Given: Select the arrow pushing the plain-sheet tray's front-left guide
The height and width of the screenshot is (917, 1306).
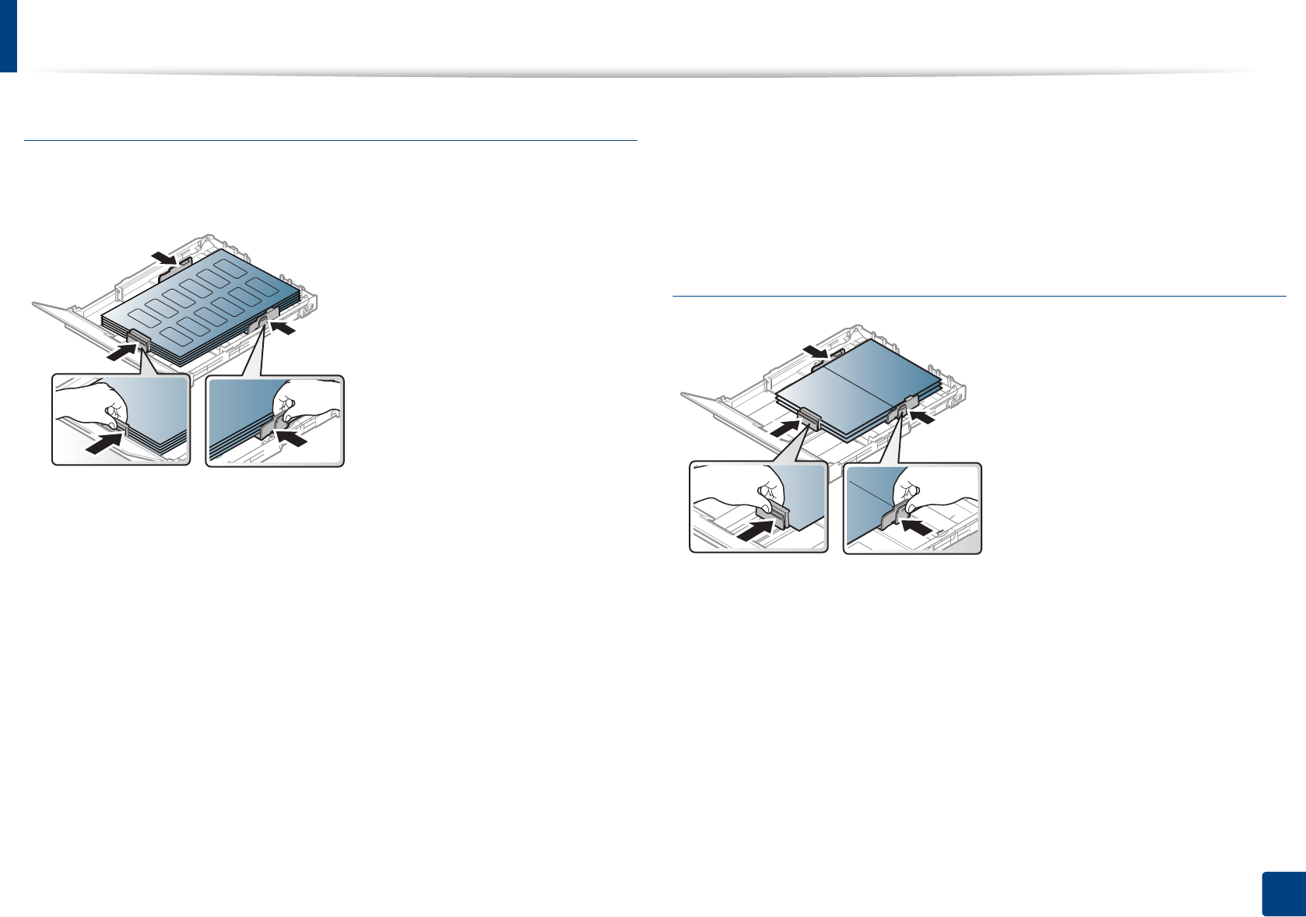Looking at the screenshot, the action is pyautogui.click(x=785, y=427).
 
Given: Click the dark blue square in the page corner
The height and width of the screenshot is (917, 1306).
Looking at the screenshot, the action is pyautogui.click(x=1281, y=894).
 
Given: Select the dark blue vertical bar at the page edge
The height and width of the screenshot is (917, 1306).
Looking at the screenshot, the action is pyautogui.click(x=8, y=36).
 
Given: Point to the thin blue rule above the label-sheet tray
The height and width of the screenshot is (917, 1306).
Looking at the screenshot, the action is pyautogui.click(x=331, y=140).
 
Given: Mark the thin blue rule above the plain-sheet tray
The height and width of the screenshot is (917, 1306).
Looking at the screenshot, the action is pyautogui.click(x=978, y=296).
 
